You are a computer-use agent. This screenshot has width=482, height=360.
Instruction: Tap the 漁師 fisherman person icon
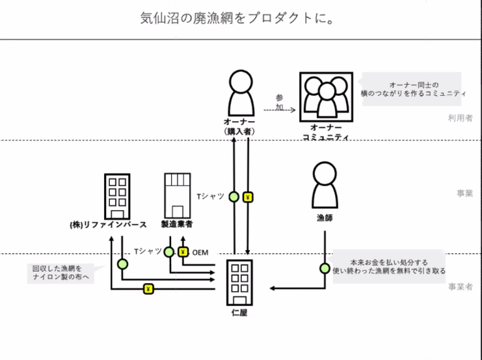coord(324,185)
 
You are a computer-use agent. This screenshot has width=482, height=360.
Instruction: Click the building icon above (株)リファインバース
coord(118,195)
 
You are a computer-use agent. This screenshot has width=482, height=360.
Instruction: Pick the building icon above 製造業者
coord(177,195)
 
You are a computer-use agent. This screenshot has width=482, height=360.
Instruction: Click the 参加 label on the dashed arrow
coord(279,102)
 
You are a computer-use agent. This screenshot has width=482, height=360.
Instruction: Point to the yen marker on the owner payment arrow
coord(248,197)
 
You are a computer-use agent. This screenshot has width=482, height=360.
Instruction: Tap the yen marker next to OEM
coord(183,252)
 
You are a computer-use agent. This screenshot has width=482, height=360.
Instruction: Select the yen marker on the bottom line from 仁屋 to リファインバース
coord(149,288)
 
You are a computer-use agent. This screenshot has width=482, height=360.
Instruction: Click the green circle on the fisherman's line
coord(323,268)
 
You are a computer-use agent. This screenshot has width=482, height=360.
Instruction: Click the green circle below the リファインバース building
coord(122,264)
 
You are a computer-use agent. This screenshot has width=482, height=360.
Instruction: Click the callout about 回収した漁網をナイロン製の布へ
coord(60,272)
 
